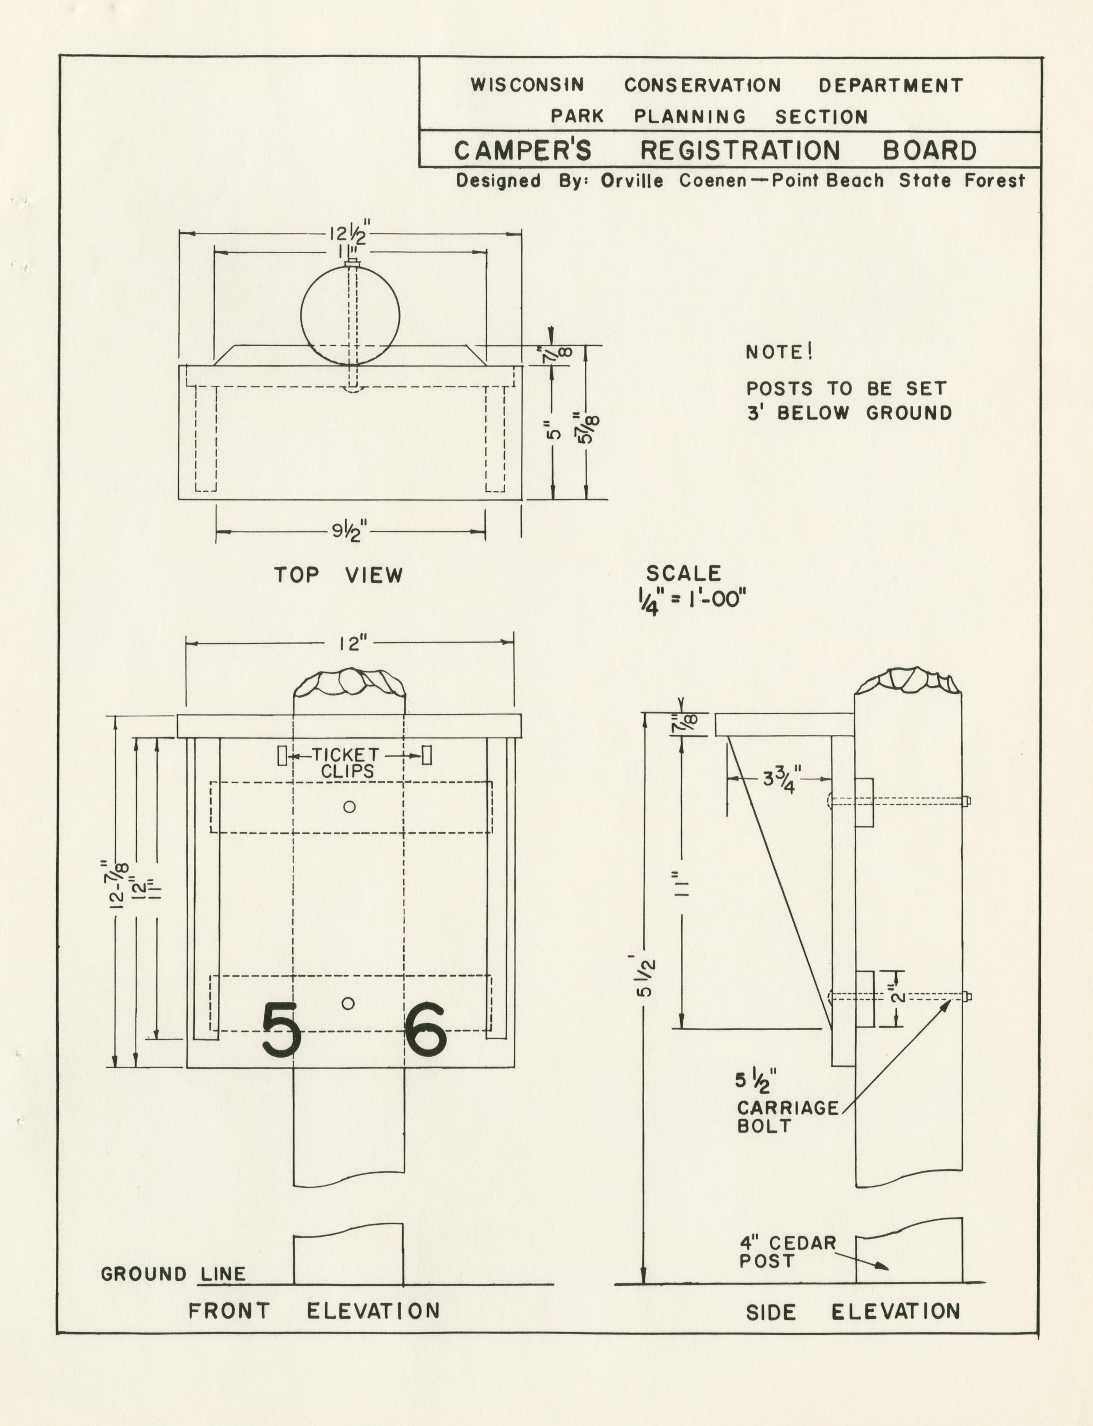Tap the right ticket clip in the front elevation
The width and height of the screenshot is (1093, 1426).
click(x=427, y=755)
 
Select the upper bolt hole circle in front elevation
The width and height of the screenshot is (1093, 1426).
click(x=349, y=807)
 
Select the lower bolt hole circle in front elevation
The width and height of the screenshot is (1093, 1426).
click(x=348, y=1003)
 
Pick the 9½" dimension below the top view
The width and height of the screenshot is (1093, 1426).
click(x=350, y=532)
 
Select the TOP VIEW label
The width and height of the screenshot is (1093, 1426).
click(x=338, y=575)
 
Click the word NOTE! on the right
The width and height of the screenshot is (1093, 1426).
click(x=779, y=352)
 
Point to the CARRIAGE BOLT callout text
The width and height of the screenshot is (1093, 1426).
click(x=787, y=1117)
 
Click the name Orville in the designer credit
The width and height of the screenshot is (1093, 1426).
click(x=632, y=181)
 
